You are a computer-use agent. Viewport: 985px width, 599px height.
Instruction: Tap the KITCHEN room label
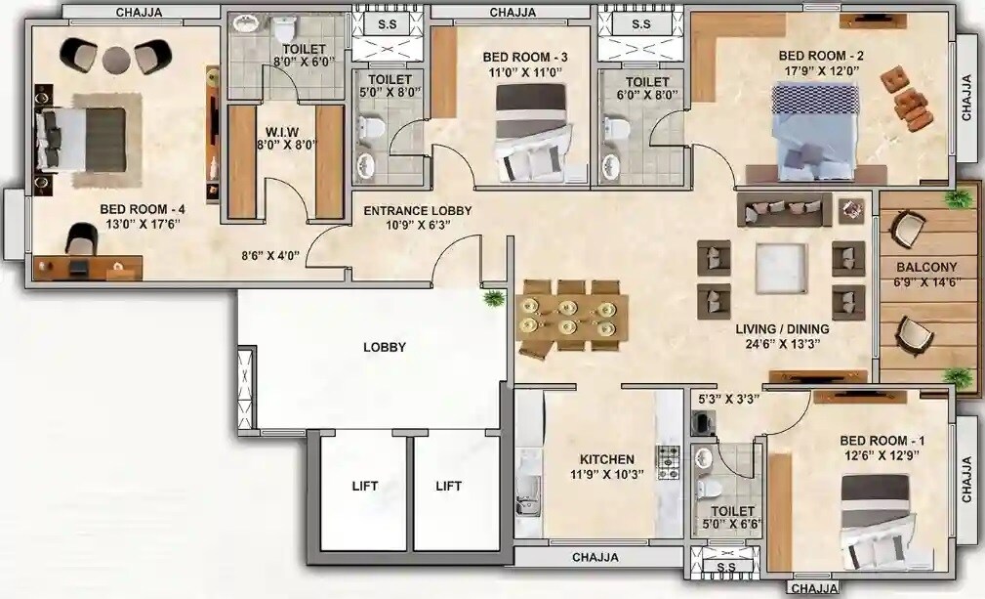606,459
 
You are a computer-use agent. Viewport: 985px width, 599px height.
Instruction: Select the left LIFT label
364,486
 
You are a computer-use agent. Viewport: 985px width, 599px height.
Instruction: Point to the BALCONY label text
926,267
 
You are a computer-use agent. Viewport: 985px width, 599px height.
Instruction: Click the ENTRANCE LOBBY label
417,211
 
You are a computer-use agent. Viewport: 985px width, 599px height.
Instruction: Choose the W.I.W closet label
286,132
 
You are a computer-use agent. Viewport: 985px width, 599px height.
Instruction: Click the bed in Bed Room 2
816,126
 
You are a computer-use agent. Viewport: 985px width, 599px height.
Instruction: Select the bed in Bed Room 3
530,132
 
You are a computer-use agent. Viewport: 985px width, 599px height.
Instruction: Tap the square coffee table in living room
781,268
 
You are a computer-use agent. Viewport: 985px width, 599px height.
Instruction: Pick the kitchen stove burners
669,462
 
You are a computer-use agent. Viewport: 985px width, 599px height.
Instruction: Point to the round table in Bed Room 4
116,60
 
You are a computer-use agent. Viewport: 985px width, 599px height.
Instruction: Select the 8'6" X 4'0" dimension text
270,257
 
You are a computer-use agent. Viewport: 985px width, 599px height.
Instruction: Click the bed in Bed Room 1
877,521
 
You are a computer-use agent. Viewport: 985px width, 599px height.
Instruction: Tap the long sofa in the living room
784,208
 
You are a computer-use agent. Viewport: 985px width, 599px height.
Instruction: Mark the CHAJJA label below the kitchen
595,558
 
